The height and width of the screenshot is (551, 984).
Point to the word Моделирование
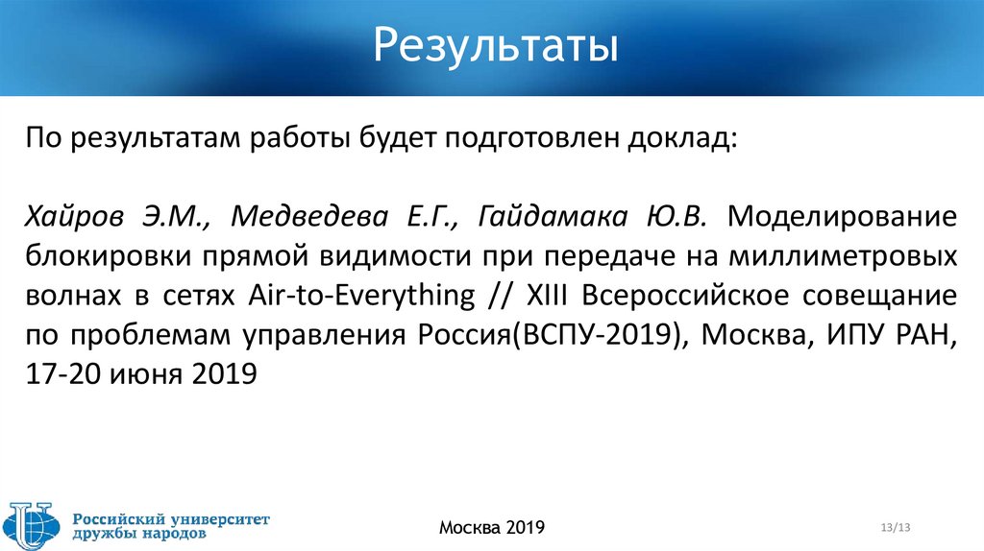pos(842,217)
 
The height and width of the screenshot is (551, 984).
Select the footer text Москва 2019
pos(492,527)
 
